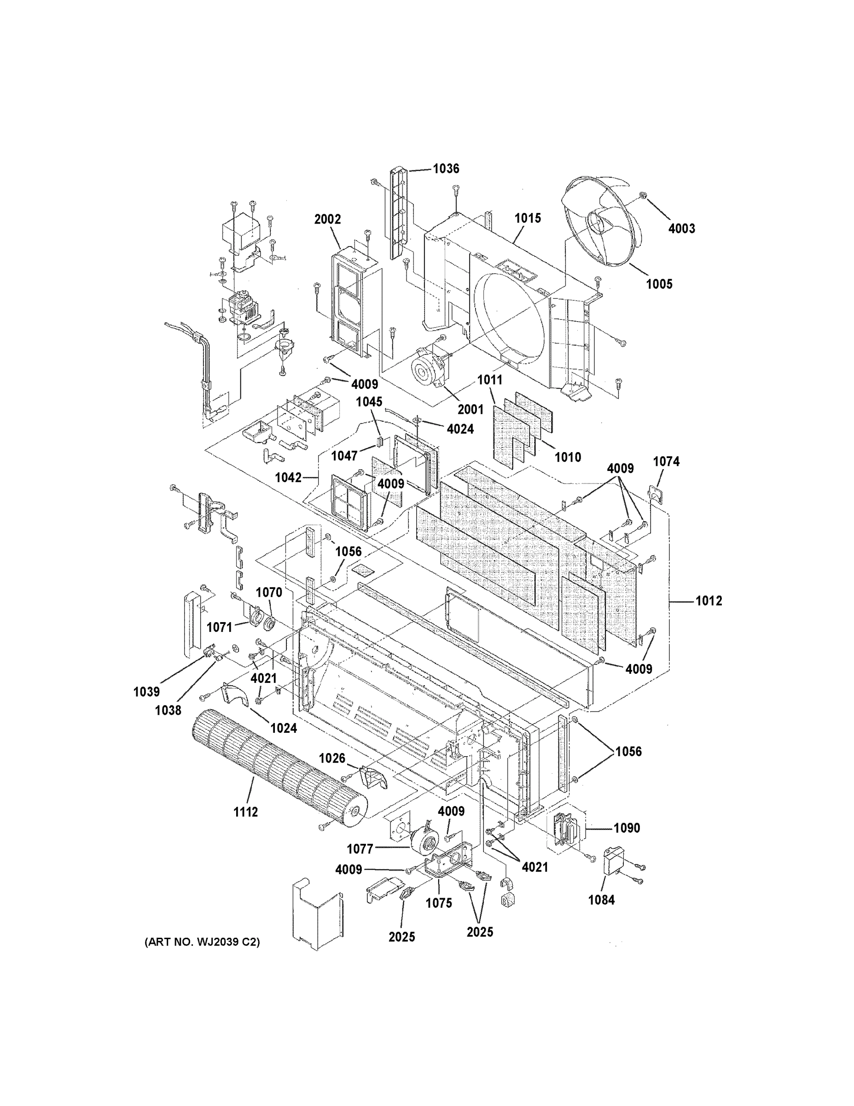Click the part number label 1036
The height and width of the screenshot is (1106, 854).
446,169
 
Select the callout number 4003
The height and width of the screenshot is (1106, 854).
681,229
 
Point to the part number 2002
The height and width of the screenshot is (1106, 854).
327,219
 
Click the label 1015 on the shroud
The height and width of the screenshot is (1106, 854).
528,218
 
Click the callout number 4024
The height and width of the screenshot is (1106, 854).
460,429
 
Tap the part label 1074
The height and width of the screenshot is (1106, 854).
666,461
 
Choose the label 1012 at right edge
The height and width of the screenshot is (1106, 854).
709,601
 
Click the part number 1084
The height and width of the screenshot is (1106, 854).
602,900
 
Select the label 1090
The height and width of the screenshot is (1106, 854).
627,828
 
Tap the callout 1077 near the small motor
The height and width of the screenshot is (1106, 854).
360,849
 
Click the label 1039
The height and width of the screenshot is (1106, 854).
147,692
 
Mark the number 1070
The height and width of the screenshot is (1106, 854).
269,592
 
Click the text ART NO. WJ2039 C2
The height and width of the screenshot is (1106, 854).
202,942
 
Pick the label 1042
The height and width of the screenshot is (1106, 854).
288,477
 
